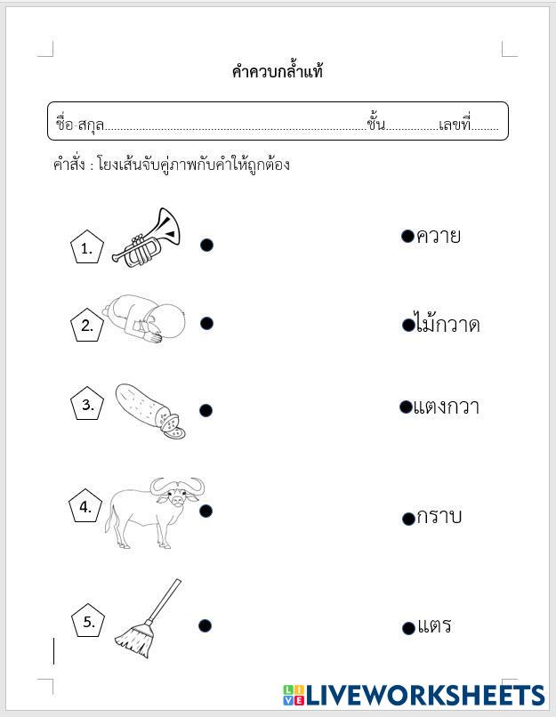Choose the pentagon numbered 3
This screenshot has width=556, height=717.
coord(87,406)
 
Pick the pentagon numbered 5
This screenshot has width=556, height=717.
coord(88,622)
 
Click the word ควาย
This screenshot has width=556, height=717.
coord(439,237)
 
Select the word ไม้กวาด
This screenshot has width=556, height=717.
coord(447,325)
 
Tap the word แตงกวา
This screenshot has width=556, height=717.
coord(447,407)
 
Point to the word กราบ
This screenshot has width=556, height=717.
coord(439,517)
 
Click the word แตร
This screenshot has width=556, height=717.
coord(434,625)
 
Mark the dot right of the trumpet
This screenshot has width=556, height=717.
coord(206,245)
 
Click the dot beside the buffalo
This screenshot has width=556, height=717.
coord(205,510)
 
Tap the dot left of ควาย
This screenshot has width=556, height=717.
coord(407,236)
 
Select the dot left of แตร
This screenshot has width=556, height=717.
coord(408,628)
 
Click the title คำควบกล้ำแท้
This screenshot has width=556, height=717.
coord(278,72)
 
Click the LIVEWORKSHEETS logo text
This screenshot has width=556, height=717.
coord(423,695)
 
